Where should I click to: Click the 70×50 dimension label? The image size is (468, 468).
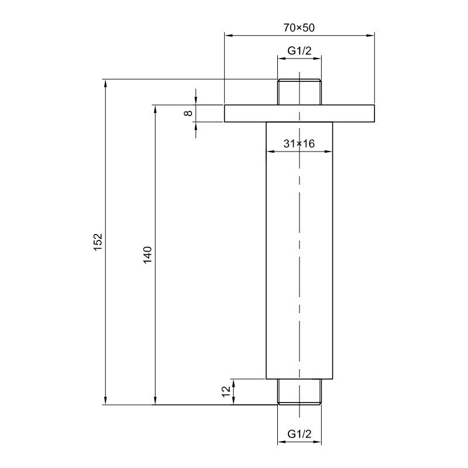point(299,27)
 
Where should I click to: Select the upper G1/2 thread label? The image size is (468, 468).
point(300,51)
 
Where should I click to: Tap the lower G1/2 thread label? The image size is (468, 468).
point(300,433)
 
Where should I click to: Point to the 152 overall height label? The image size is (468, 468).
point(98,242)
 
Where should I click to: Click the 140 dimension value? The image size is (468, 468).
point(148,254)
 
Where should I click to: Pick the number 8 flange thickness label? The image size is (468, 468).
point(188,113)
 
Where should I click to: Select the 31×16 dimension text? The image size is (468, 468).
point(299,144)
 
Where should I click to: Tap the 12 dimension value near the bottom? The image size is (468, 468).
point(226,391)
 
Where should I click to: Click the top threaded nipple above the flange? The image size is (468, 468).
point(300,92)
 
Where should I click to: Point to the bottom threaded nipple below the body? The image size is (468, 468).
point(300,392)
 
